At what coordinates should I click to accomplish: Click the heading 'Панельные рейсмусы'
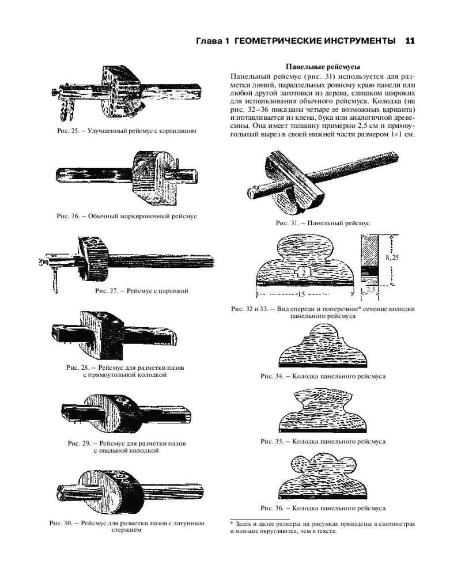click(323, 67)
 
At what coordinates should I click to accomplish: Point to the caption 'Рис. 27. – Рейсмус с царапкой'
click(142, 291)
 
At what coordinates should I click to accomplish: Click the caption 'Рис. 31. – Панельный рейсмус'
click(323, 222)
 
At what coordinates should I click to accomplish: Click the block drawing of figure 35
click(323, 412)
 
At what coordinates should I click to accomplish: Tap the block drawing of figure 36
click(323, 478)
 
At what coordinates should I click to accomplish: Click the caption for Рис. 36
click(323, 509)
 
